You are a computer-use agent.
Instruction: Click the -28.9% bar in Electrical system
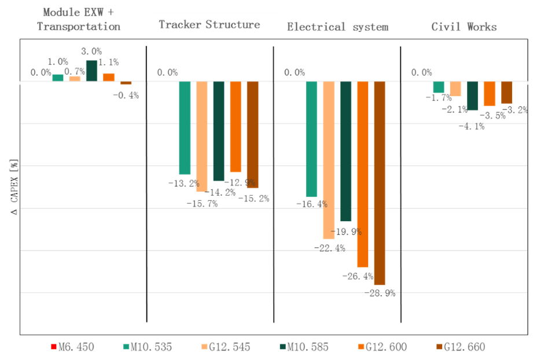[x=380, y=183]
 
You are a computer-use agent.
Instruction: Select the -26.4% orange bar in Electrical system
[x=363, y=174]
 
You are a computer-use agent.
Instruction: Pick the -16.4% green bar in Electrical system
[x=311, y=139]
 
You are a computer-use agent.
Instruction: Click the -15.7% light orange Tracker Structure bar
[x=201, y=136]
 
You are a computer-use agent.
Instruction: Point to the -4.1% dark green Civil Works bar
[x=472, y=95]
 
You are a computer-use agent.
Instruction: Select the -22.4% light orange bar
[x=329, y=160]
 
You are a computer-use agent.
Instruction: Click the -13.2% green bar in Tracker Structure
[x=185, y=127]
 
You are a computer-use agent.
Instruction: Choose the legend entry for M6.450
[x=72, y=347]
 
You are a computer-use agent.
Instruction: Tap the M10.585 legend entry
[x=304, y=347]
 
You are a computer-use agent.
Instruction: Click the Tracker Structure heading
[x=209, y=24]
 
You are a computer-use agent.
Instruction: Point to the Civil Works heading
[x=464, y=27]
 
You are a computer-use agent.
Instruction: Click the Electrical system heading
[x=337, y=27]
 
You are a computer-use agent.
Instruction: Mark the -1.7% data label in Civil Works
[x=438, y=98]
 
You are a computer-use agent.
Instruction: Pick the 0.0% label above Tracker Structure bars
[x=167, y=72]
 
